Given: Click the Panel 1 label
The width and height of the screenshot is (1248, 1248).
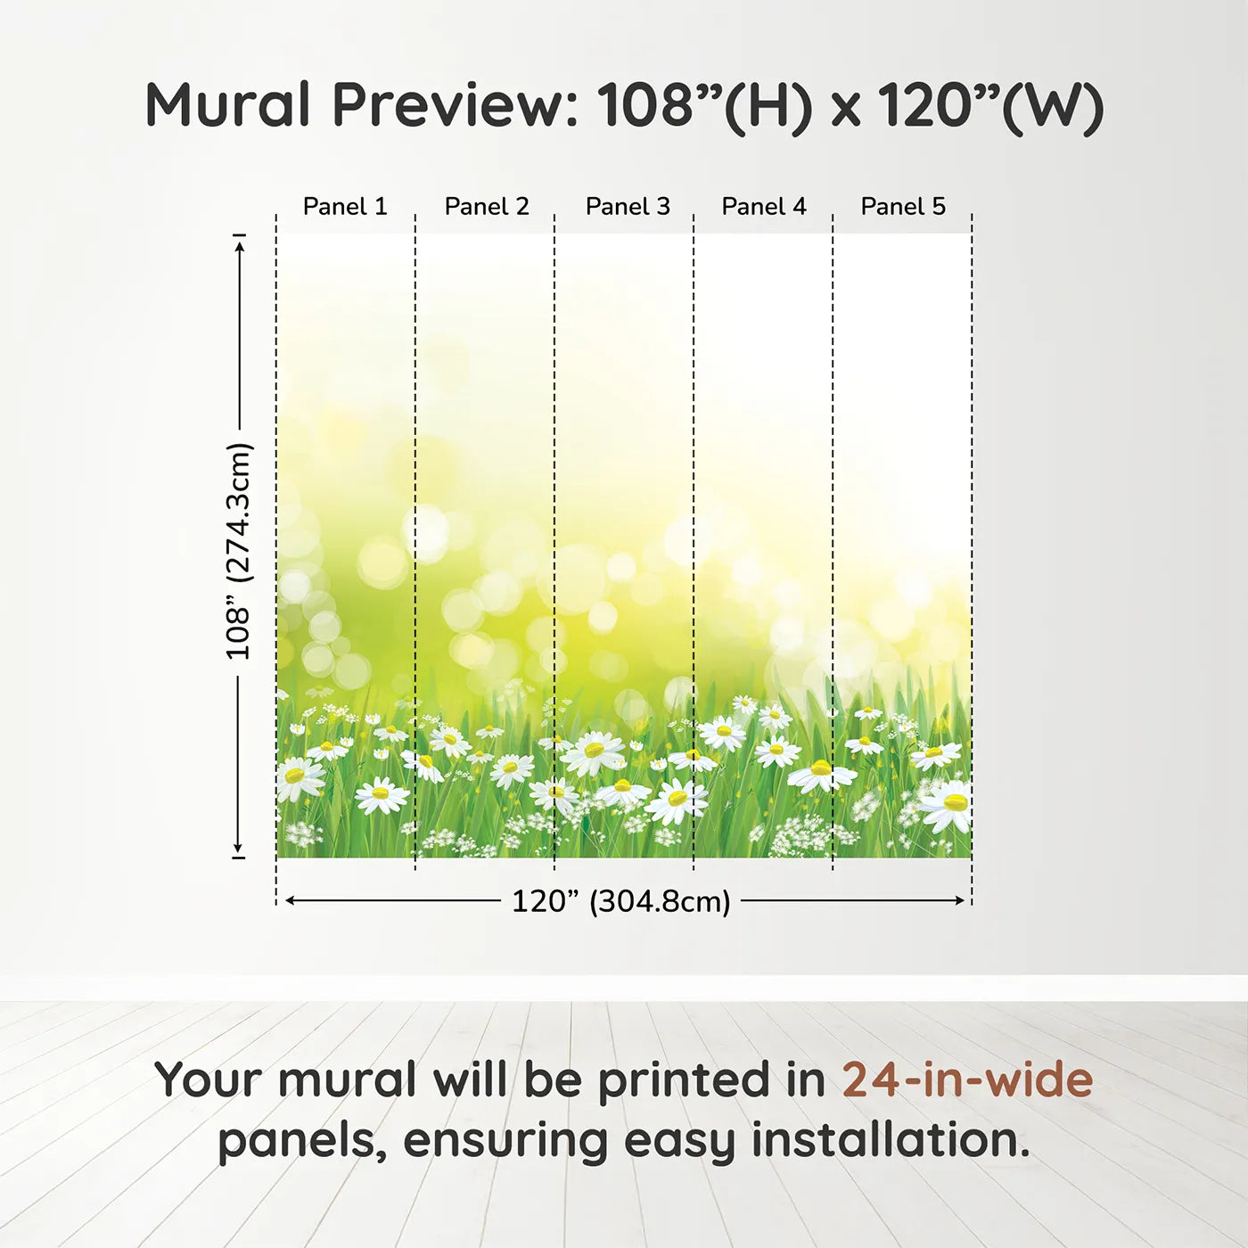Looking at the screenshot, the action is pos(345,207).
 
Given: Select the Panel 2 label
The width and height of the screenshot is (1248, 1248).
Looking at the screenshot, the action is pos(487,207).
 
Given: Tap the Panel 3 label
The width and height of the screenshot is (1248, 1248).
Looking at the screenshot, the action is pos(628,207).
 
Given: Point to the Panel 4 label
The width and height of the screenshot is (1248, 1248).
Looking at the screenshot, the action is pos(764,207).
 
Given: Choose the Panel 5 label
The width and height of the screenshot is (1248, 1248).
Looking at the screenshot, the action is pos(903,207).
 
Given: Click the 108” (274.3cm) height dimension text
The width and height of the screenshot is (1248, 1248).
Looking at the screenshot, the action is pos(238,551).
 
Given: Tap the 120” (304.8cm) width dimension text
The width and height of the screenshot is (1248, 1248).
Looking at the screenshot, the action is pos(621,901).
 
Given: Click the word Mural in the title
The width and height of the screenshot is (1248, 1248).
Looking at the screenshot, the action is pos(228,105).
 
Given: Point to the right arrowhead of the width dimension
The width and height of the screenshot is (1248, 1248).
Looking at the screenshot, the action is pos(959,901).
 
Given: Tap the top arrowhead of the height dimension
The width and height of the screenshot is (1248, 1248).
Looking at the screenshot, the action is pos(240,247).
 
